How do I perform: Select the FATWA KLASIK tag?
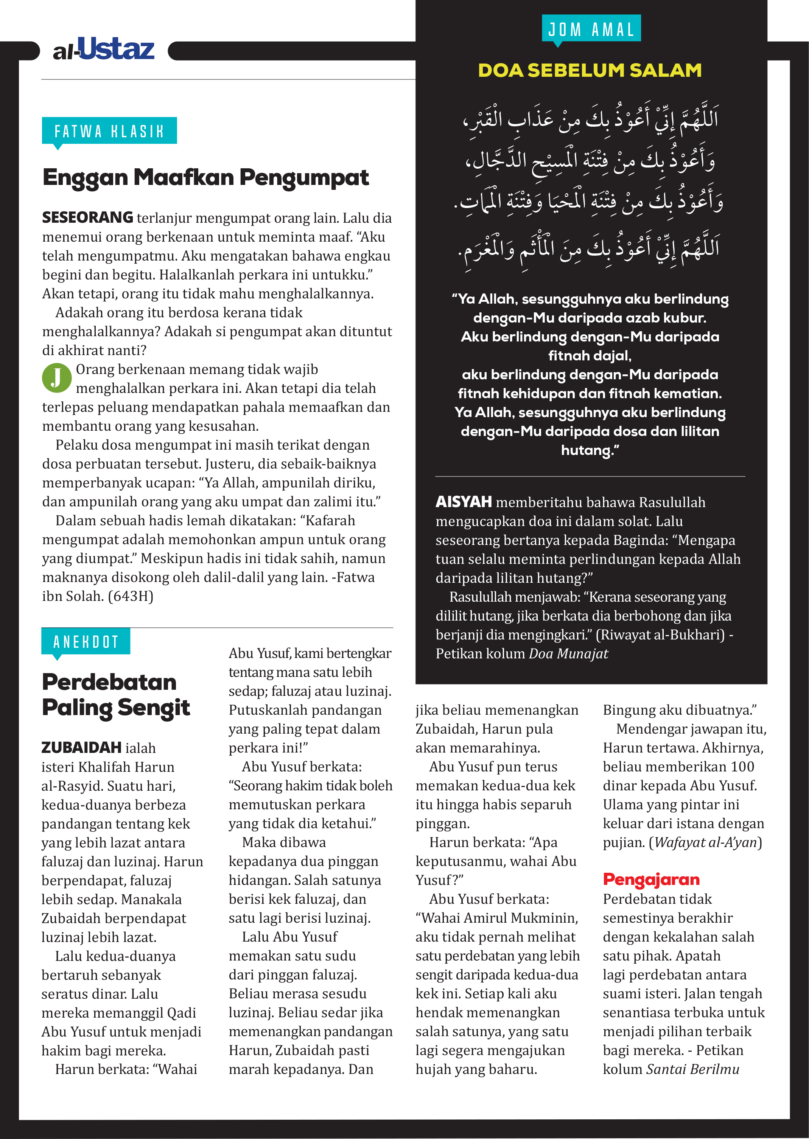[109, 131]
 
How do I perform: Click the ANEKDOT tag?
[86, 642]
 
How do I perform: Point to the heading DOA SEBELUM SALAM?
[590, 70]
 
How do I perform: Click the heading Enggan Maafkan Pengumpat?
[205, 178]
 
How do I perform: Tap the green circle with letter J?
[57, 378]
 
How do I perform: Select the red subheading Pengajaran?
[651, 880]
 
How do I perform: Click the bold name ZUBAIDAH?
[82, 748]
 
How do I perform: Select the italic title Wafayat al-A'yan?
[705, 842]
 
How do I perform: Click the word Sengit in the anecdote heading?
[154, 708]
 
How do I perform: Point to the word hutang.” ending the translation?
[590, 450]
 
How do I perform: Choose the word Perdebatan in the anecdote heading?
[109, 682]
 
